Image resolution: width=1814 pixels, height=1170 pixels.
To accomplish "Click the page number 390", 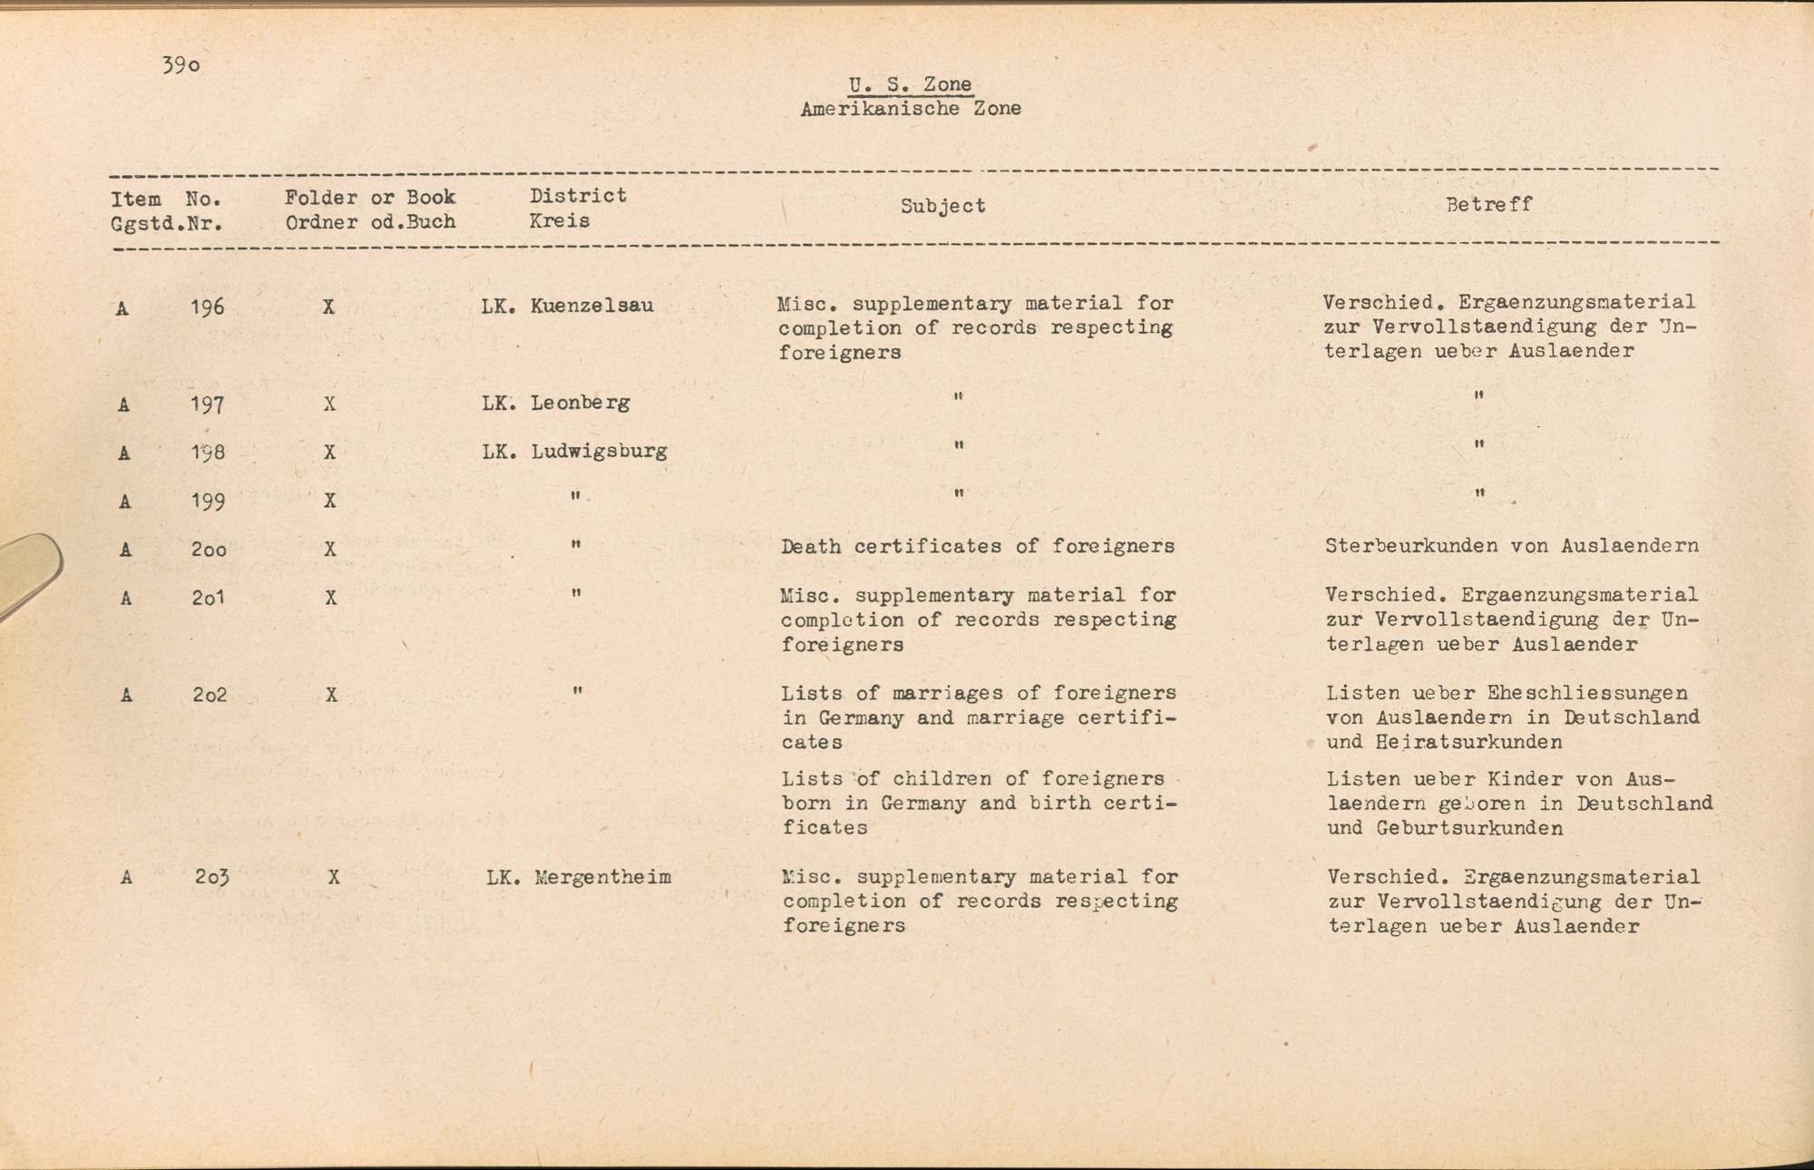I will click(x=181, y=65).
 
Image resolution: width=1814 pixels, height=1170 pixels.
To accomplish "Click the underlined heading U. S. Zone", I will click(x=910, y=84).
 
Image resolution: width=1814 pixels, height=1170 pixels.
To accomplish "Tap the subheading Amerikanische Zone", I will click(x=911, y=109).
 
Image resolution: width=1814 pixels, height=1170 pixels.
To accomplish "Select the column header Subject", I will click(x=942, y=206).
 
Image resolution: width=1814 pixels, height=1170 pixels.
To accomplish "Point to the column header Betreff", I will click(x=1488, y=205).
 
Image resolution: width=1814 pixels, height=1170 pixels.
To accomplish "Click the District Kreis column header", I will click(x=578, y=208).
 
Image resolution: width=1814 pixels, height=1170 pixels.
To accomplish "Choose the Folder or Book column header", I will click(x=370, y=210).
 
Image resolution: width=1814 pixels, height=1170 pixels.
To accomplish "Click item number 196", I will click(x=207, y=307).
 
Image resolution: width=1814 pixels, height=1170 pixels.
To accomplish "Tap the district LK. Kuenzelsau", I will click(x=567, y=306).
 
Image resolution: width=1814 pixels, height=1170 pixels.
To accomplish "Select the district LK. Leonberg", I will click(x=555, y=403).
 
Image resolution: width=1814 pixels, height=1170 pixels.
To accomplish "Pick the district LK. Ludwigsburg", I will click(x=574, y=451).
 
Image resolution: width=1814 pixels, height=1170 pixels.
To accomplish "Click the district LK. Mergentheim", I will click(x=579, y=877).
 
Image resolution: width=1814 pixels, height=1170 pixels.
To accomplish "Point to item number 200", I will click(x=209, y=549).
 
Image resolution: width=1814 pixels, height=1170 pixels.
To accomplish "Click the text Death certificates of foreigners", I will click(x=977, y=546).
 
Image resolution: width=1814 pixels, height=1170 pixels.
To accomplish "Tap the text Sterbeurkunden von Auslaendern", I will click(x=1511, y=546).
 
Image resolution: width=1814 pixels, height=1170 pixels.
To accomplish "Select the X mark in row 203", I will click(x=334, y=877).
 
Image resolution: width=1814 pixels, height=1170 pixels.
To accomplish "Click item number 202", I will click(x=209, y=695).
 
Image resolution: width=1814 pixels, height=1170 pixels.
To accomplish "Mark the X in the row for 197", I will click(x=329, y=404).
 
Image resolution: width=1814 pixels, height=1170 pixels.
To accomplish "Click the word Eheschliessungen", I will click(x=1587, y=693).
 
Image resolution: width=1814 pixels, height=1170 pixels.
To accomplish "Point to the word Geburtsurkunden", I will click(x=1469, y=828).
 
